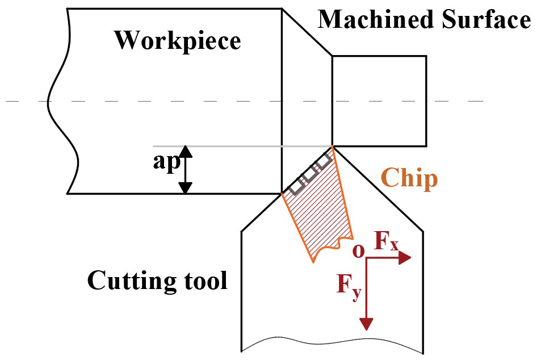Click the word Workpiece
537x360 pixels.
tap(178, 41)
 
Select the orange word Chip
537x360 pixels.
tap(409, 178)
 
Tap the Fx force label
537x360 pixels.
tap(386, 243)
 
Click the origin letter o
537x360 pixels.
tap(357, 251)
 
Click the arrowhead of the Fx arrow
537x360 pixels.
tap(405, 258)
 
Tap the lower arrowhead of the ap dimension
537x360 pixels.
tap(186, 187)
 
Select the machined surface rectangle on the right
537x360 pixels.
tap(379, 100)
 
